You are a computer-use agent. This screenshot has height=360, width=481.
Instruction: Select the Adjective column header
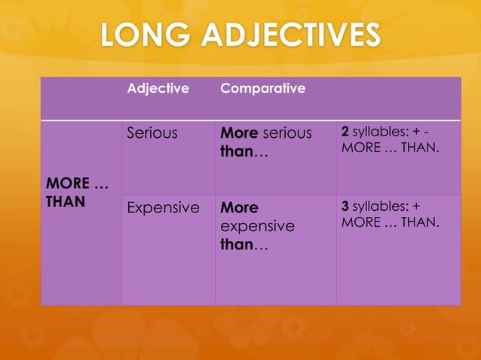point(158,88)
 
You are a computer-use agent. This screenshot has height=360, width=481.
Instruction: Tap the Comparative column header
point(262,88)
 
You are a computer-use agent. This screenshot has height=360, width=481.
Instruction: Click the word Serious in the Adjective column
point(152,133)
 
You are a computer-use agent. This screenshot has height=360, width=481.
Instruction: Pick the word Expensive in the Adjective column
point(163,207)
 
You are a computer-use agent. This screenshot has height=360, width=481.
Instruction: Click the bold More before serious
point(239,133)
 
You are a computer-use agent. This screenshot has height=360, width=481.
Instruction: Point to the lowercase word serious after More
point(287,133)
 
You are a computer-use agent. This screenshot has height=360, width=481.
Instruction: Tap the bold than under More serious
point(236,151)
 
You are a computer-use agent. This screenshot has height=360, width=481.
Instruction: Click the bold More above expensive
point(239,207)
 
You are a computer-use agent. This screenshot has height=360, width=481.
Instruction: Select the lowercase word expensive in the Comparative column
point(257,226)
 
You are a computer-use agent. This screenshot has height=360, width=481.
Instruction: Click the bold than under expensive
point(236,245)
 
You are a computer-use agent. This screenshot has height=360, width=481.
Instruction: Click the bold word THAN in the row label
point(65,201)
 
